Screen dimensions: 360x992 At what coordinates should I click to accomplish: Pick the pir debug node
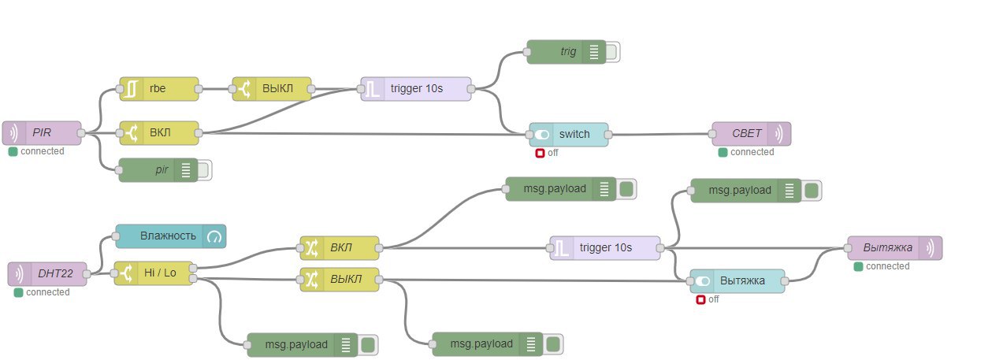pyautogui.click(x=158, y=170)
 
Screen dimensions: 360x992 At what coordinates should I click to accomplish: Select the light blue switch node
pyautogui.click(x=568, y=134)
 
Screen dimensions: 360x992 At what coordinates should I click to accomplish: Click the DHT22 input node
pyautogui.click(x=47, y=274)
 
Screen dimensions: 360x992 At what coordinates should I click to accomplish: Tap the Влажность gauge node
pyautogui.click(x=170, y=236)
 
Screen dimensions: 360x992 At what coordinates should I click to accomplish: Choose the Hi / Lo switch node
pyautogui.click(x=154, y=273)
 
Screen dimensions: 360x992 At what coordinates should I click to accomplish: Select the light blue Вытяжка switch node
pyautogui.click(x=737, y=281)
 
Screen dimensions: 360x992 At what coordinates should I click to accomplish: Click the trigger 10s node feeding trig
pyautogui.click(x=416, y=89)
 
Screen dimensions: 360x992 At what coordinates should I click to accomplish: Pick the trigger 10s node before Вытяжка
pyautogui.click(x=605, y=248)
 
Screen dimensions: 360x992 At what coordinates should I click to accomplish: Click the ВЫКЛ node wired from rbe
pyautogui.click(x=272, y=89)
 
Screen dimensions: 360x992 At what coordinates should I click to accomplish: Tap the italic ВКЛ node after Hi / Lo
pyautogui.click(x=339, y=248)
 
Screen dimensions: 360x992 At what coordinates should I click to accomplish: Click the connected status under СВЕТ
pyautogui.click(x=751, y=152)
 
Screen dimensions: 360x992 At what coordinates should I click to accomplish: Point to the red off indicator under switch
pyautogui.click(x=540, y=153)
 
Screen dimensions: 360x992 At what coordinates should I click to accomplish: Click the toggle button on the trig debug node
pyautogui.click(x=612, y=52)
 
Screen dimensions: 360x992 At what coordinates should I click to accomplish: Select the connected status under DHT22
pyautogui.click(x=46, y=292)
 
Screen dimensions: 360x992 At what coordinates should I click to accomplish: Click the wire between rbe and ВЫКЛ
pyautogui.click(x=215, y=89)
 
